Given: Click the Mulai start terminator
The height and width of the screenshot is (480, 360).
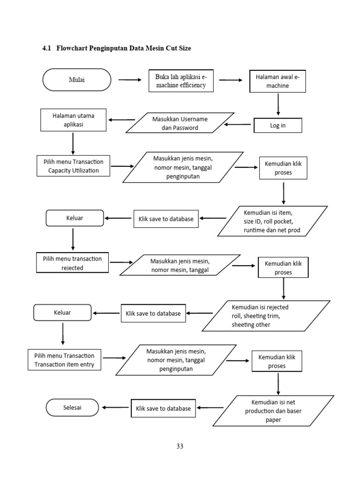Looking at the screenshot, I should [x=77, y=80].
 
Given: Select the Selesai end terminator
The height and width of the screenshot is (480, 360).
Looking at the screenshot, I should [x=73, y=407].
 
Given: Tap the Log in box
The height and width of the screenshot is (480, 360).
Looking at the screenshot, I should [x=277, y=126].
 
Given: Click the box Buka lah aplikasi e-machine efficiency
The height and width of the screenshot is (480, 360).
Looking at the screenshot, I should [x=180, y=81].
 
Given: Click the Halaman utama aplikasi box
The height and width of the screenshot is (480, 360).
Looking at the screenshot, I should [x=74, y=120].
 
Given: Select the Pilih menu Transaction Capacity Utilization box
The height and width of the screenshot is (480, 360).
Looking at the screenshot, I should [x=74, y=166].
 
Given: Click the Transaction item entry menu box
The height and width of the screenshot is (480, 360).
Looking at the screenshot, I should [x=64, y=360].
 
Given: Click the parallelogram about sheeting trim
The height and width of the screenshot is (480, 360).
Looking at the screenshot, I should [x=266, y=315].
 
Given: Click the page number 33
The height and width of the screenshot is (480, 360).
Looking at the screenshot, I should [x=180, y=446].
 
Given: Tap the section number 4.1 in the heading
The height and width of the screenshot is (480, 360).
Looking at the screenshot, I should [x=47, y=48].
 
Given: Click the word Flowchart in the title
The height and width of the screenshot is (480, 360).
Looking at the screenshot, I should [x=73, y=48].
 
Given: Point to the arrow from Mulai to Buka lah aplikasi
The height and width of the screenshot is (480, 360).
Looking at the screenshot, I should [x=130, y=80].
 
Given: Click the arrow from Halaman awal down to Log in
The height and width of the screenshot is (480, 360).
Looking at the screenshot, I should [x=278, y=105].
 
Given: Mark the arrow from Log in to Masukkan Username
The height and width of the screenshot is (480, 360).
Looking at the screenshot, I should [x=238, y=125].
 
